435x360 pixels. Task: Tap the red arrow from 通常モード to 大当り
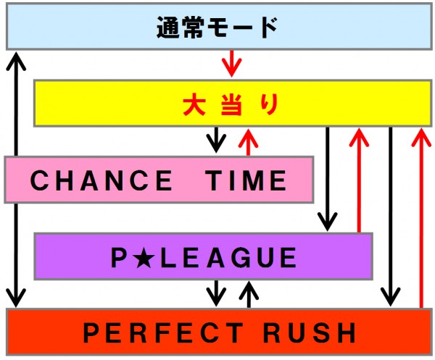[231, 63]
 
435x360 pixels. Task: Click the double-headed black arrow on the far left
[15, 178]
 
